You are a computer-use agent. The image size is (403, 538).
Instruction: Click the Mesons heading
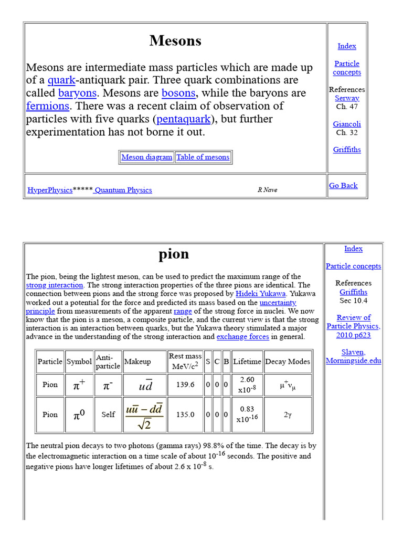pos(175,41)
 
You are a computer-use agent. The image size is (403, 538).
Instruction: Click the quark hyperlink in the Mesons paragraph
pos(61,80)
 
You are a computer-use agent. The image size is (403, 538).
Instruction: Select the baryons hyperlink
pos(77,94)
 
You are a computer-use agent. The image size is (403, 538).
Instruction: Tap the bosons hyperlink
pos(178,94)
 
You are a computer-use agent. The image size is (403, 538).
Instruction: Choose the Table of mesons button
pos(203,157)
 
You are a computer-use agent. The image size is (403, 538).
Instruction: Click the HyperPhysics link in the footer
pos(50,190)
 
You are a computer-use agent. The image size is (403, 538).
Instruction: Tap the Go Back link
pos(343,185)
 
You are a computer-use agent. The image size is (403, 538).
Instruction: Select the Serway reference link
pos(347,98)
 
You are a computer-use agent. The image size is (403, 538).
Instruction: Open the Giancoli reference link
pos(347,125)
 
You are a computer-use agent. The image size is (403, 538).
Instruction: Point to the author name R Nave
pos(267,190)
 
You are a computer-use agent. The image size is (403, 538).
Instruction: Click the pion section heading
pos(174,254)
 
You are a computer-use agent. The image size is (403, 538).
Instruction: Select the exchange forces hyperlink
pos(242,337)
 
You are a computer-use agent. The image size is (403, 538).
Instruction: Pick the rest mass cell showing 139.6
pos(185,385)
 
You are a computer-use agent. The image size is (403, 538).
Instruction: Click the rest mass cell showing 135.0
pos(185,415)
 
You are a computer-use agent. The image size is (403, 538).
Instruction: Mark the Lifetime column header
pos(247,361)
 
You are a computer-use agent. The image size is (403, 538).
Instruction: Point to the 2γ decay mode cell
pos(288,415)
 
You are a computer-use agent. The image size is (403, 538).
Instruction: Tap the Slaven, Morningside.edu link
pos(353,356)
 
